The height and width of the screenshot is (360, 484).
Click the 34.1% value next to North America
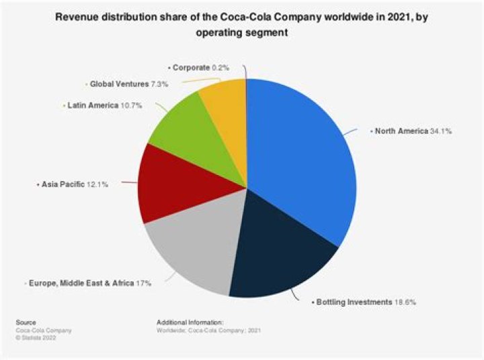click(x=441, y=131)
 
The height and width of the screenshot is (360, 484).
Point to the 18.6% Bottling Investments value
click(x=405, y=303)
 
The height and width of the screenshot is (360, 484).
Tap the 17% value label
click(x=143, y=284)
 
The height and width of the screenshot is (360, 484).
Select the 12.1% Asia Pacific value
click(x=97, y=183)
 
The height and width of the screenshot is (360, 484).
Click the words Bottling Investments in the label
click(x=352, y=303)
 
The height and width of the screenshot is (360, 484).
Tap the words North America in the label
click(x=401, y=131)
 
